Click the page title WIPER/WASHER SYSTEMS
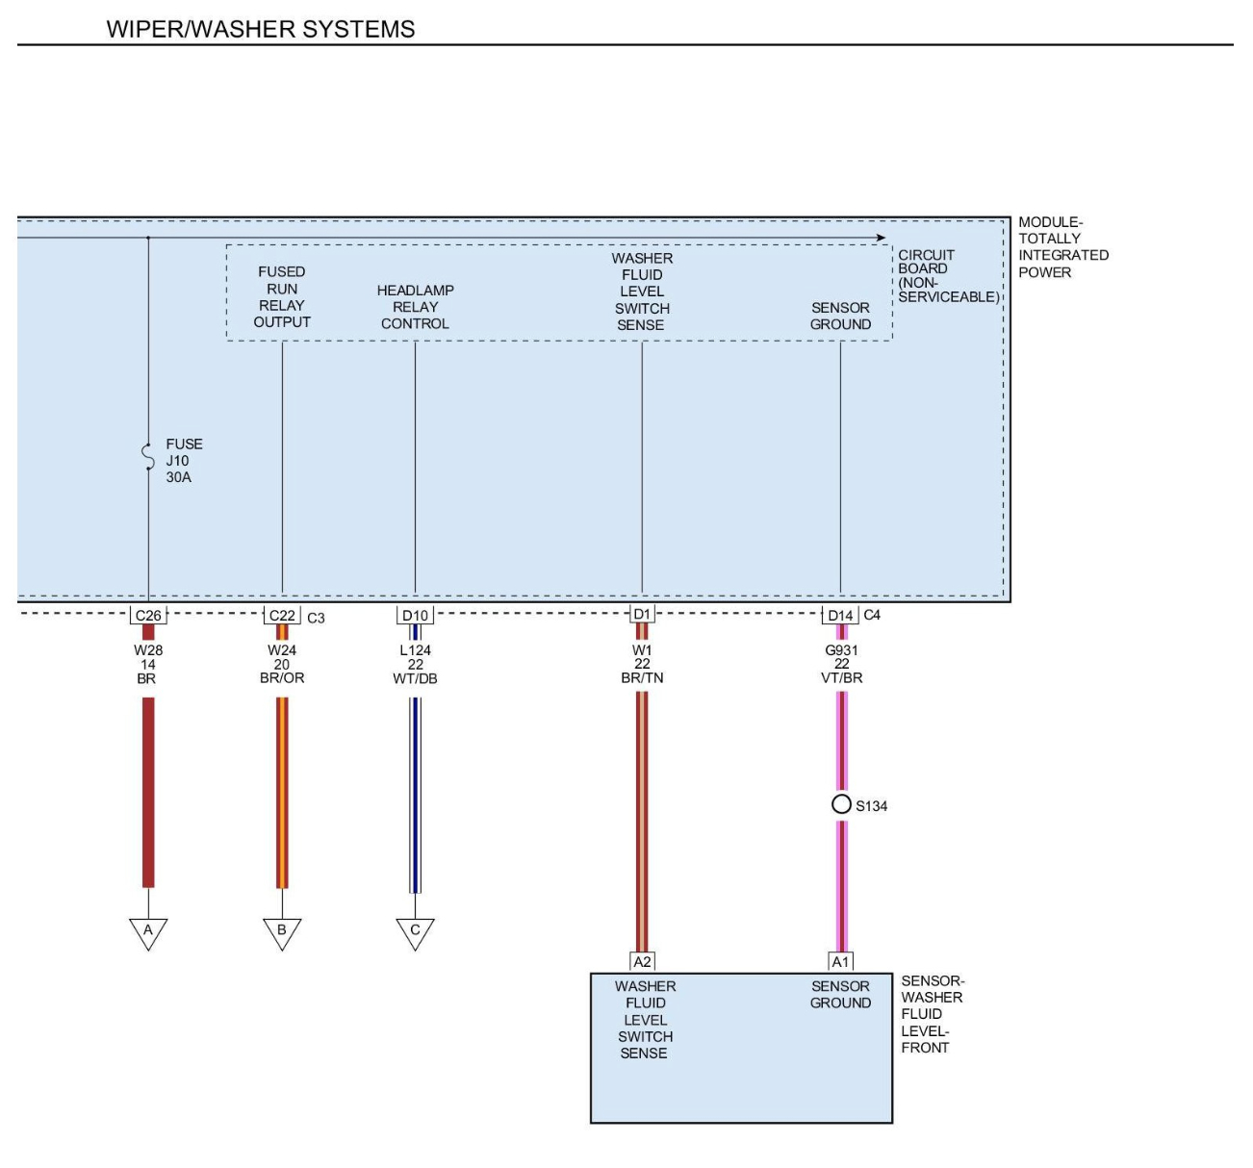[261, 29]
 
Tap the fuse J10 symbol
[148, 457]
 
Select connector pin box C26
[148, 616]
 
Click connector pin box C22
[282, 616]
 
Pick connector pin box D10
[415, 616]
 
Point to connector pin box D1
[642, 614]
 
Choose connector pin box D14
[840, 616]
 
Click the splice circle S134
[841, 804]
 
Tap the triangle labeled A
[148, 931]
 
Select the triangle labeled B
[282, 931]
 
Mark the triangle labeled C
[415, 931]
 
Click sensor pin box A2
[642, 961]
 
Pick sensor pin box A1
[840, 961]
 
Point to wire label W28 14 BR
[148, 664]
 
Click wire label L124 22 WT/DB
[415, 664]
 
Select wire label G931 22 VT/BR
[842, 664]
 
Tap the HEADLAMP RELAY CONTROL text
[415, 307]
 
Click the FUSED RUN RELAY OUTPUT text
[282, 296]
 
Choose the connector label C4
[872, 615]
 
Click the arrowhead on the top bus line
[881, 238]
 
